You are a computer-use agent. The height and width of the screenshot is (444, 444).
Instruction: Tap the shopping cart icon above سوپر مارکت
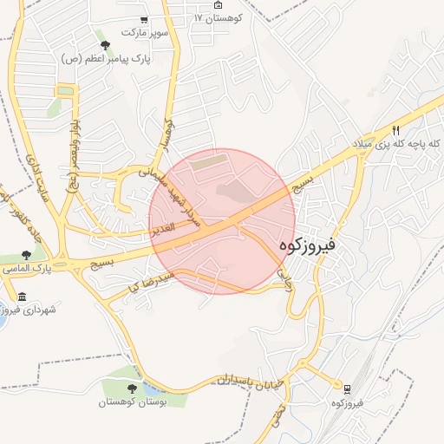(x=144, y=20)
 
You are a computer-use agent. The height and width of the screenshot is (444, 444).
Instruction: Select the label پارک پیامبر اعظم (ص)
(x=106, y=59)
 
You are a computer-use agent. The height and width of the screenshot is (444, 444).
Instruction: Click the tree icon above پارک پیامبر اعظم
(x=106, y=45)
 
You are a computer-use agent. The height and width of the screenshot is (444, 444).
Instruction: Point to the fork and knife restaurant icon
(x=396, y=130)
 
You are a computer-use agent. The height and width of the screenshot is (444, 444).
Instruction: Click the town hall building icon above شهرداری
(x=22, y=298)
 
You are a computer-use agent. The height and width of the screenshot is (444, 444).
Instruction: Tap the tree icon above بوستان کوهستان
(x=133, y=388)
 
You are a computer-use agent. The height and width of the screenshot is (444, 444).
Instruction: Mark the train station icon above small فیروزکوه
(x=347, y=390)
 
